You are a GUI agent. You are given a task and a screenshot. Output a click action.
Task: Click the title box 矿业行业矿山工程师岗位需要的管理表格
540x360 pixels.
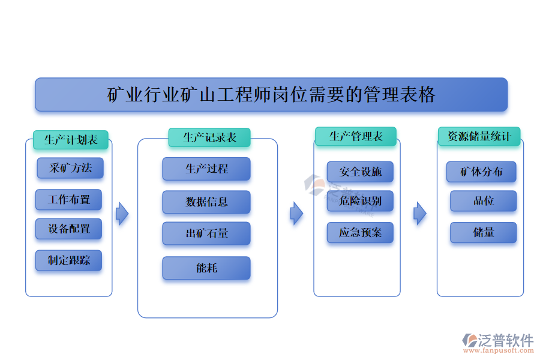tap(271, 95)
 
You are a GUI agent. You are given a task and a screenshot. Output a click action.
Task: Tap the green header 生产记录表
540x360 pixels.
tap(209, 137)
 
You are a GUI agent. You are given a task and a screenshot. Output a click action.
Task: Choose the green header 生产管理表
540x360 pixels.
tap(356, 136)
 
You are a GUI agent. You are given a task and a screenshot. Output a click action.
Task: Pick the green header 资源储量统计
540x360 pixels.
tap(479, 136)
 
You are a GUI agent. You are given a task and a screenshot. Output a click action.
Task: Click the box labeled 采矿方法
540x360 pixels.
tap(70, 168)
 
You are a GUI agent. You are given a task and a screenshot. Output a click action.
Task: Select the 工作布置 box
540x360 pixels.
tap(69, 199)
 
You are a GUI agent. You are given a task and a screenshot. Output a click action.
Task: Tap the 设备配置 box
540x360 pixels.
tap(69, 229)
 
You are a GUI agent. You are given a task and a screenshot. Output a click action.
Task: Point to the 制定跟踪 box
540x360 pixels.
tap(69, 260)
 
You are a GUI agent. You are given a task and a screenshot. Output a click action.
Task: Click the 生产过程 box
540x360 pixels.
tap(206, 169)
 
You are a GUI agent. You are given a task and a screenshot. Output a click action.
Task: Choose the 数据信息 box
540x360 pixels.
tap(206, 202)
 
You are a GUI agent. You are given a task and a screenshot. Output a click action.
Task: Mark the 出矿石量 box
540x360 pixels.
tap(206, 233)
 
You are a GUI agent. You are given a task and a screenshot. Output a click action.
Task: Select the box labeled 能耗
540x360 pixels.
tap(206, 268)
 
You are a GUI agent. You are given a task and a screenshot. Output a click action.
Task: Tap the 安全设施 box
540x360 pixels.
tap(360, 172)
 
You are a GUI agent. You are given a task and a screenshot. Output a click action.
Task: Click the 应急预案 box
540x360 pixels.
tap(360, 233)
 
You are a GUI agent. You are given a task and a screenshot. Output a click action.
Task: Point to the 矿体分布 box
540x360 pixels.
tap(481, 172)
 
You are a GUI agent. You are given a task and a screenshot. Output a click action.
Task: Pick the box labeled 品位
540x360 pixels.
tap(483, 201)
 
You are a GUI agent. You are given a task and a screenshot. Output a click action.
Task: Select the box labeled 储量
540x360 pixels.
tap(483, 233)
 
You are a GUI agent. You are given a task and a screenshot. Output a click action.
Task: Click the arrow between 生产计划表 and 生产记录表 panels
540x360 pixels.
tap(122, 214)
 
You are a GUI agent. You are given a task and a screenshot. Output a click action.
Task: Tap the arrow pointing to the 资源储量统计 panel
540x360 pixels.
tap(420, 214)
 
